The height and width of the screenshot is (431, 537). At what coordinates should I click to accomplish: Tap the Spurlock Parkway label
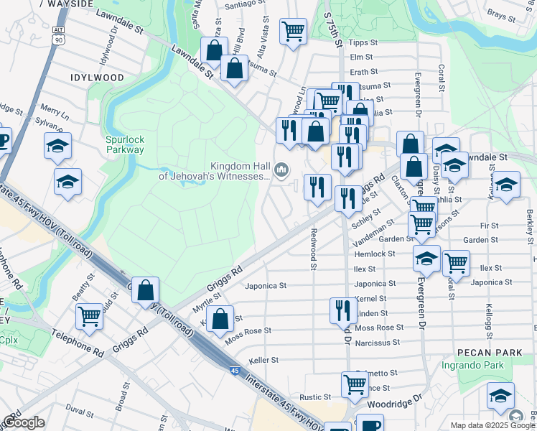pyautogui.click(x=124, y=144)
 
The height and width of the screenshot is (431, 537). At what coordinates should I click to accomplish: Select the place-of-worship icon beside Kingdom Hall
pyautogui.click(x=282, y=171)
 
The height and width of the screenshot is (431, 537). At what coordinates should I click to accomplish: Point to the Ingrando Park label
pyautogui.click(x=482, y=366)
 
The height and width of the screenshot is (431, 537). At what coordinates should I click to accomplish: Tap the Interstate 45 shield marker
pyautogui.click(x=235, y=370)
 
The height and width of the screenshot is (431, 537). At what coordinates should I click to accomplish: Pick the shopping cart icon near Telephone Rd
pyautogui.click(x=90, y=315)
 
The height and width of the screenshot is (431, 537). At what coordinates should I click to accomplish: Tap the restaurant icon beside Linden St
pyautogui.click(x=342, y=310)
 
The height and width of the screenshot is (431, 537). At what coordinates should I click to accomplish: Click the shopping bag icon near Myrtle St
pyautogui.click(x=222, y=318)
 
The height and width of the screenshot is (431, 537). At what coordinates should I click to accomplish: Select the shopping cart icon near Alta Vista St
pyautogui.click(x=292, y=31)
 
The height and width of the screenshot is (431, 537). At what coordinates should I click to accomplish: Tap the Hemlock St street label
pyautogui.click(x=374, y=254)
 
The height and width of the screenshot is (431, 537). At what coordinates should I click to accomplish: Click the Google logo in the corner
pyautogui.click(x=24, y=422)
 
